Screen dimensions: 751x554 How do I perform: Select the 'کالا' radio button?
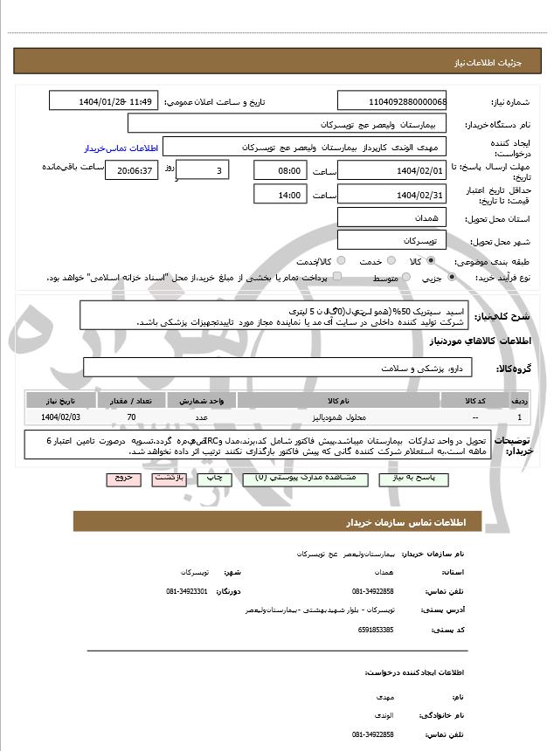coord(430,261)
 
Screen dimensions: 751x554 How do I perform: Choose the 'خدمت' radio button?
coord(391,261)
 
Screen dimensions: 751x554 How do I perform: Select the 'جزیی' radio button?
coord(451,278)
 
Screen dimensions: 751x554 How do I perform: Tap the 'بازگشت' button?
coord(169,479)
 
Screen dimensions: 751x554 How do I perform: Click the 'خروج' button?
coord(122,479)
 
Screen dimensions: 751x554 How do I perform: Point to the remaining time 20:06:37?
coord(132,170)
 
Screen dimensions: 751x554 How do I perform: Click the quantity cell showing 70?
coord(131,417)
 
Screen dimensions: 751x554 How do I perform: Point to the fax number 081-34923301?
coord(186,591)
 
